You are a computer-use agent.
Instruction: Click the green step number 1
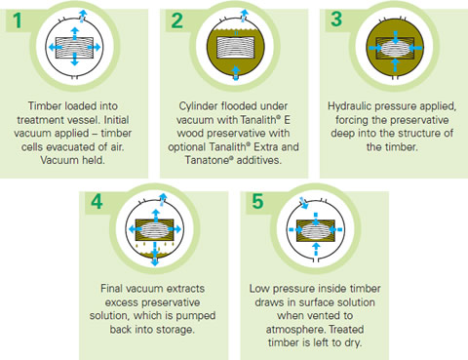[x=18, y=20]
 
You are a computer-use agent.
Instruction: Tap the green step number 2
[x=177, y=20]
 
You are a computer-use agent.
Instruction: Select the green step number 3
[x=336, y=19]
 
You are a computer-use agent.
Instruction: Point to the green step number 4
[x=97, y=202]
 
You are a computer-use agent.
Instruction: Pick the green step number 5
[x=257, y=201]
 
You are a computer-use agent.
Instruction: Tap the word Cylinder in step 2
[x=198, y=106]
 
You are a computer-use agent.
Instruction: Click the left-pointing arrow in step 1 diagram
[x=56, y=48]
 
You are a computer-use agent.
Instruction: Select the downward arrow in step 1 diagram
[x=75, y=59]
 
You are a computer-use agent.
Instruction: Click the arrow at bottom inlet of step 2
[x=236, y=72]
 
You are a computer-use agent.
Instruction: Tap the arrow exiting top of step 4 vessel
[x=163, y=199]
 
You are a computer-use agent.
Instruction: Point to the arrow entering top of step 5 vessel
[x=303, y=203]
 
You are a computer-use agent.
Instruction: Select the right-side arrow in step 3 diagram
[x=415, y=48]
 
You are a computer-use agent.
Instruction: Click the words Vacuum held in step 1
[x=72, y=160]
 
